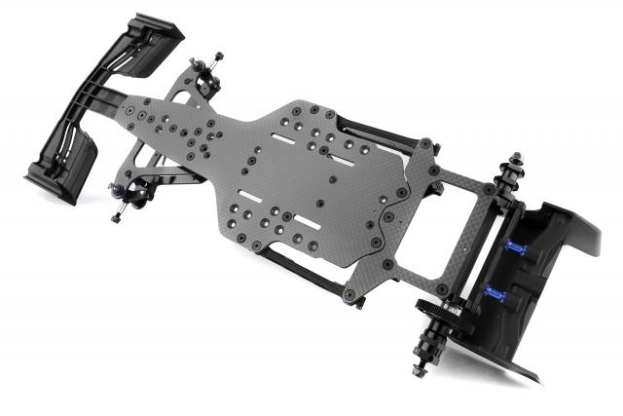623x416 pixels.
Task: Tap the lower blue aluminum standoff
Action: click(495, 294)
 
